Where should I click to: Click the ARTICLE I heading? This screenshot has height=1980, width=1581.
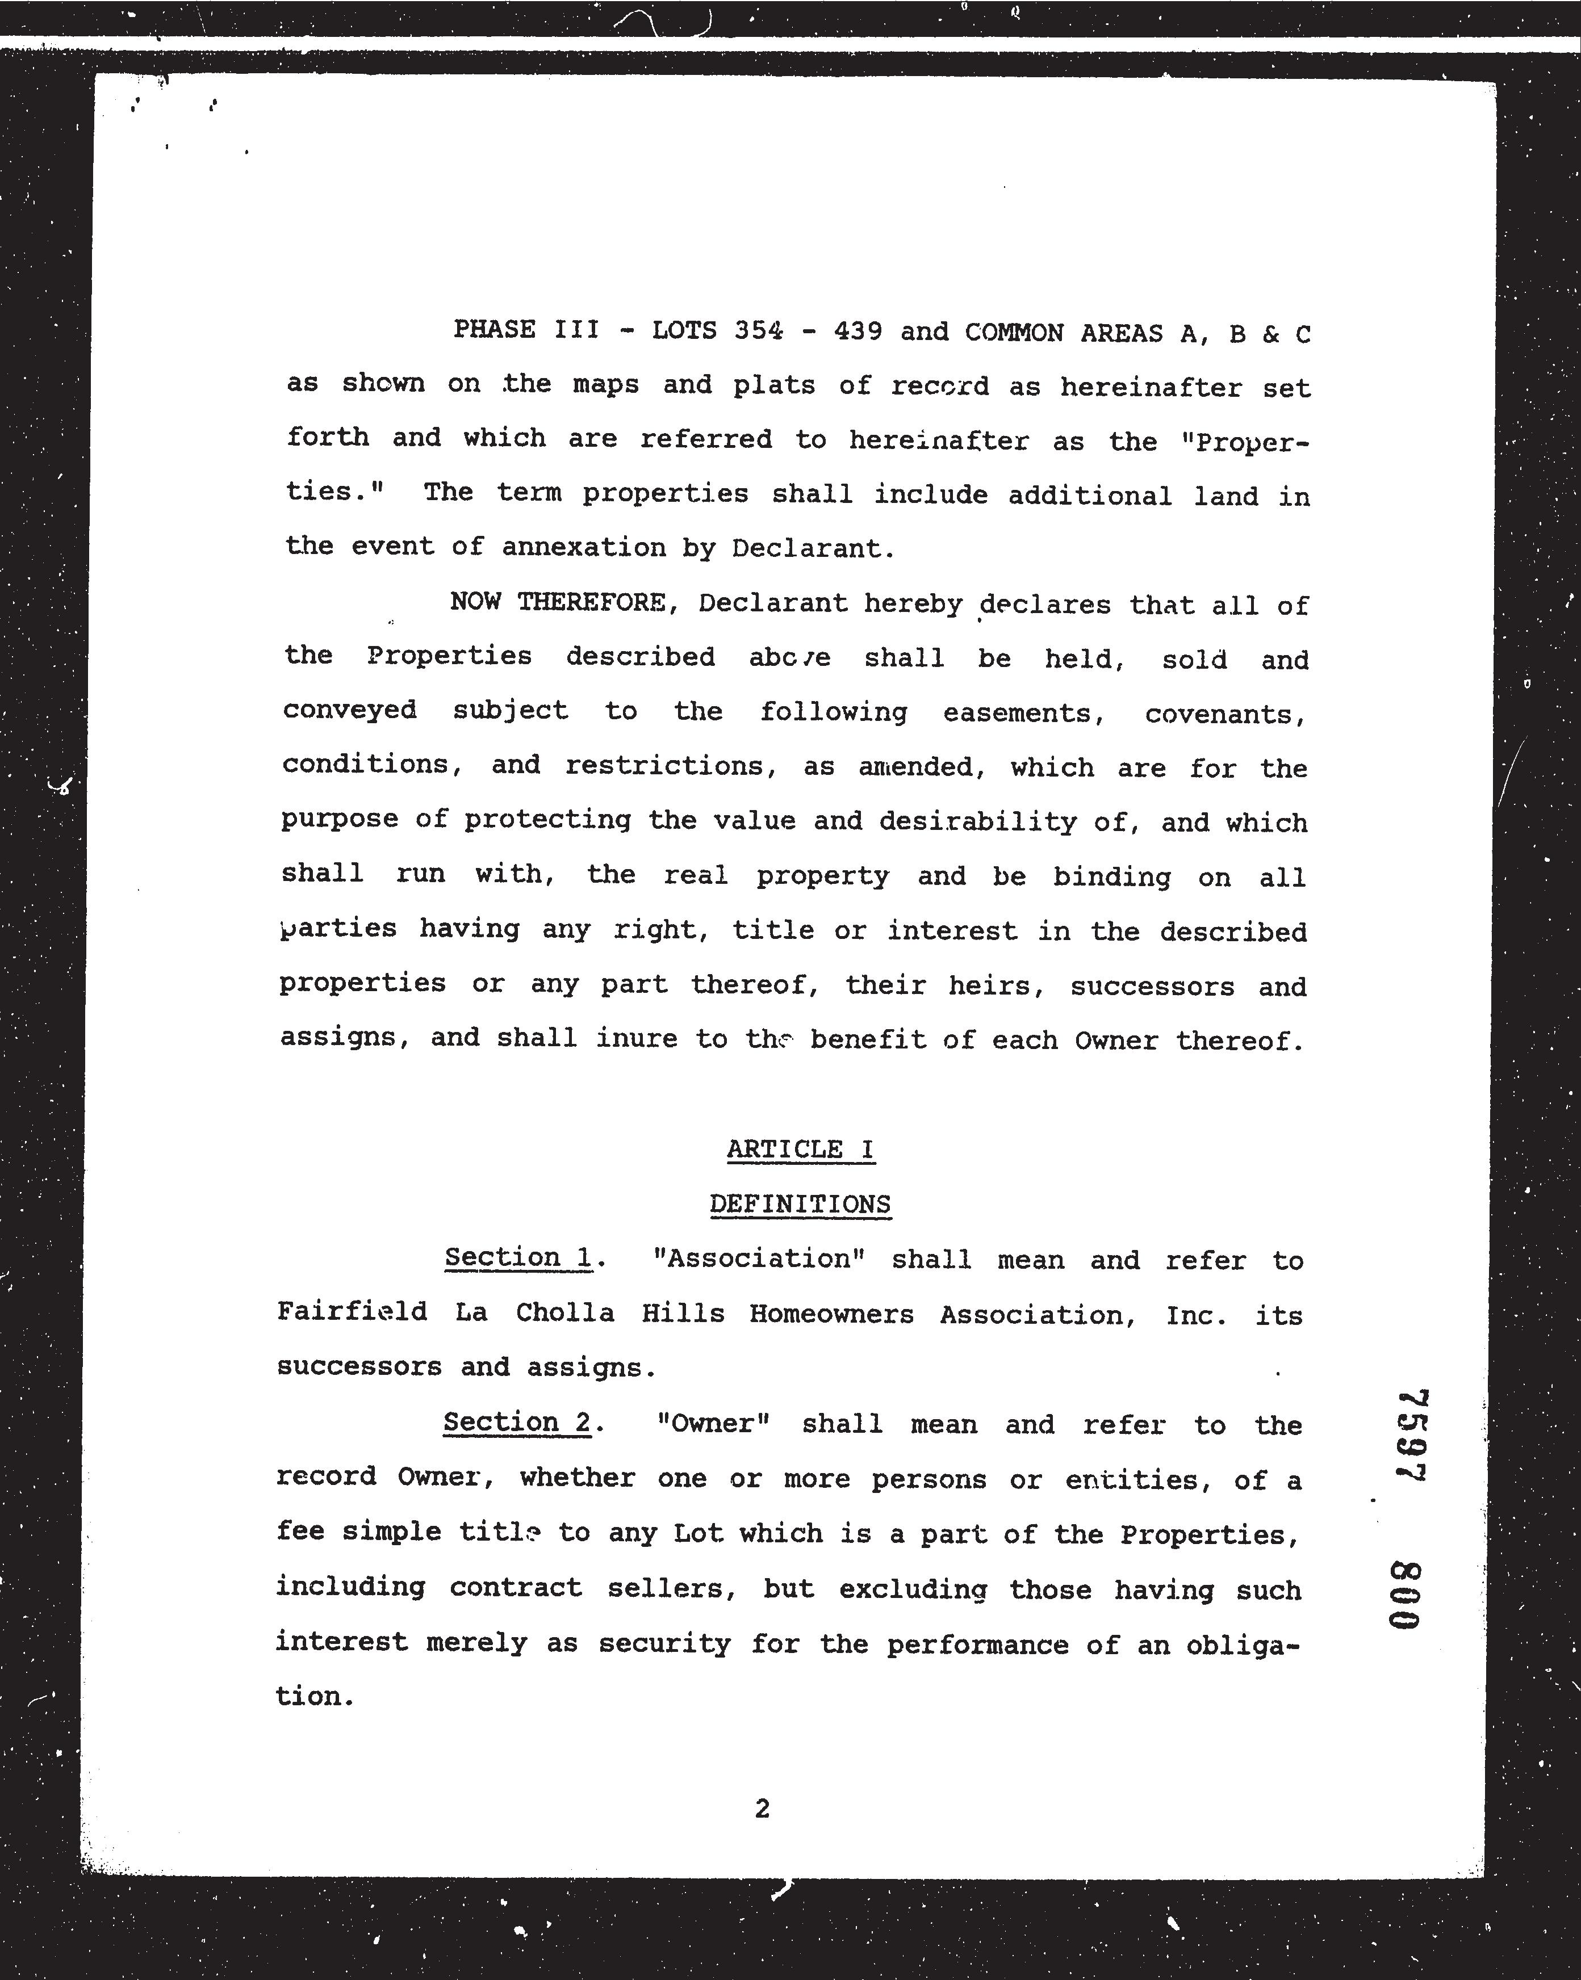point(800,1149)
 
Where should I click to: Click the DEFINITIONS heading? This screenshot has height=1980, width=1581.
point(800,1204)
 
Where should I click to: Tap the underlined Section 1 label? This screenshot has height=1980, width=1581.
point(518,1257)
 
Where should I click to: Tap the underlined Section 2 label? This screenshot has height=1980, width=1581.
point(517,1423)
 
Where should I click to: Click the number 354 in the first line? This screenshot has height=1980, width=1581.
point(759,330)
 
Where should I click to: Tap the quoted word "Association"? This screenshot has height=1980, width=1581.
point(759,1258)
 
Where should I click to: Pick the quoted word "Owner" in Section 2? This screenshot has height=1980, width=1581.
point(713,1424)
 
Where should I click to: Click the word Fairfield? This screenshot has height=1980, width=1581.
point(352,1311)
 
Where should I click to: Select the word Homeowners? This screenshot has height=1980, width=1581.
point(831,1314)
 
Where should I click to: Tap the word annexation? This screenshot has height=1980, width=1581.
point(583,547)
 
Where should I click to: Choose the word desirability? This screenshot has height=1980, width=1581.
point(977,821)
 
